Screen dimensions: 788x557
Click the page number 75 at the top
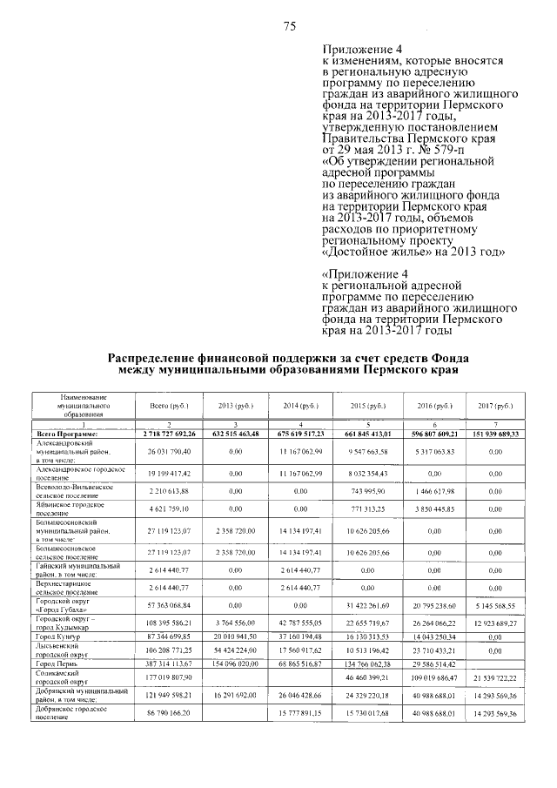(x=291, y=25)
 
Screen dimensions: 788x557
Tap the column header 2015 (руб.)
(x=366, y=406)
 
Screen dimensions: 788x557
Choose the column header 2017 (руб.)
(x=496, y=406)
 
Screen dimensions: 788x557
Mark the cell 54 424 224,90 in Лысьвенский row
(x=231, y=650)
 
